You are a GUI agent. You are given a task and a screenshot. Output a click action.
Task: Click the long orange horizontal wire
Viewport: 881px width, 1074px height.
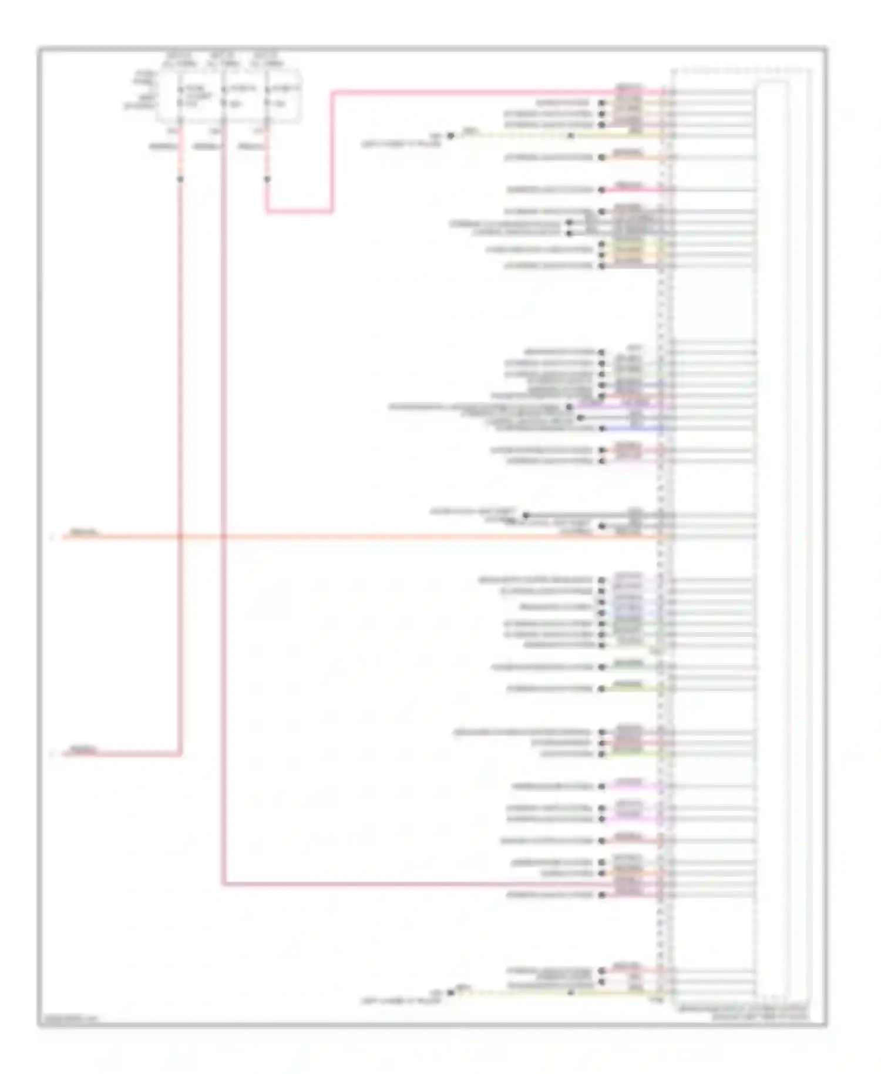pos(411,536)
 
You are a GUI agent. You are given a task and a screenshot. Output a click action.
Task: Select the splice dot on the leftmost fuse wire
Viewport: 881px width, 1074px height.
pos(180,179)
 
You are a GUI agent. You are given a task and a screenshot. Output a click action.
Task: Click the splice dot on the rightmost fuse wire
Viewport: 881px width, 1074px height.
pos(267,179)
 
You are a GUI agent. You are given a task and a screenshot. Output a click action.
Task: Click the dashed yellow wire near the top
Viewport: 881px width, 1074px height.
pos(517,136)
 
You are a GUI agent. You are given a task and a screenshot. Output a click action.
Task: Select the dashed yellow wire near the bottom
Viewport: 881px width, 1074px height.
pos(517,992)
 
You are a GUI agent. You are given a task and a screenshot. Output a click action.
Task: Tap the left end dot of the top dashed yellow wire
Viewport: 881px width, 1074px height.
pos(450,136)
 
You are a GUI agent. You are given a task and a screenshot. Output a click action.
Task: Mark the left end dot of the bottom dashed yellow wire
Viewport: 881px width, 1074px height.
pos(450,992)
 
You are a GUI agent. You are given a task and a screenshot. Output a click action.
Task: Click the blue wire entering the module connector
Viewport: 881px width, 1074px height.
pos(634,428)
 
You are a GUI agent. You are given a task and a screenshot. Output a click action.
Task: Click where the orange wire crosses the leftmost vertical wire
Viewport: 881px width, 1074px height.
pos(180,536)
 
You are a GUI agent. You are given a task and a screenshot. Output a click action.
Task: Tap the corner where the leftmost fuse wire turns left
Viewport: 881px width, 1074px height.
pos(180,754)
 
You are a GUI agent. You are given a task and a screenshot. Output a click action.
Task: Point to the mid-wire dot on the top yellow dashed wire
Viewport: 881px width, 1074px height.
pos(571,136)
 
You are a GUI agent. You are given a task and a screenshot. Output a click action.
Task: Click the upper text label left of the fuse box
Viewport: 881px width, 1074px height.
pos(144,78)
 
